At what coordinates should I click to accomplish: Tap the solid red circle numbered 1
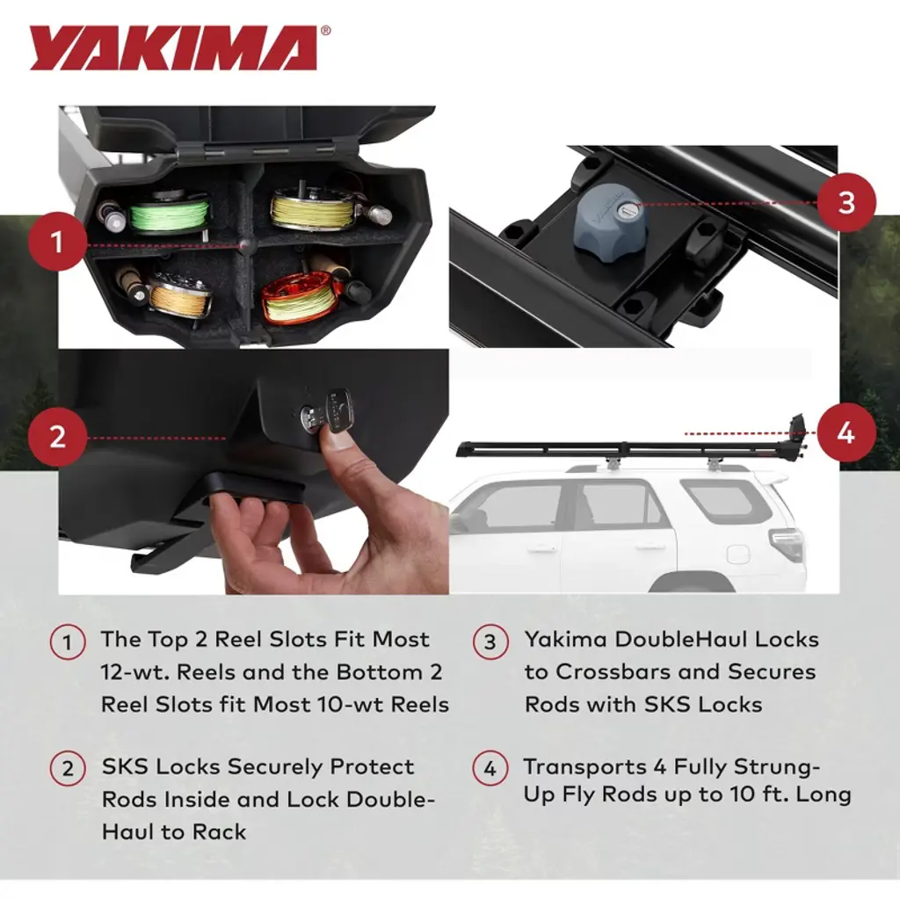(x=57, y=242)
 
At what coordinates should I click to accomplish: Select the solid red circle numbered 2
(x=57, y=437)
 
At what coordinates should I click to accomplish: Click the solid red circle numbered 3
(x=846, y=203)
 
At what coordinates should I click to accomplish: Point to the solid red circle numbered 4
(x=846, y=432)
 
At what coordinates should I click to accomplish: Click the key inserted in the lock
(x=337, y=411)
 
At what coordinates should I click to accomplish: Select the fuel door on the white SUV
(x=737, y=555)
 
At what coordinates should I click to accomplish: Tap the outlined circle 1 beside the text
(x=67, y=642)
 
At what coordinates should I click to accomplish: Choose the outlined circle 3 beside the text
(x=490, y=642)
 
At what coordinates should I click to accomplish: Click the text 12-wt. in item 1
(x=134, y=672)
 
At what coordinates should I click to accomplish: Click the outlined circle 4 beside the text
(x=490, y=768)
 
